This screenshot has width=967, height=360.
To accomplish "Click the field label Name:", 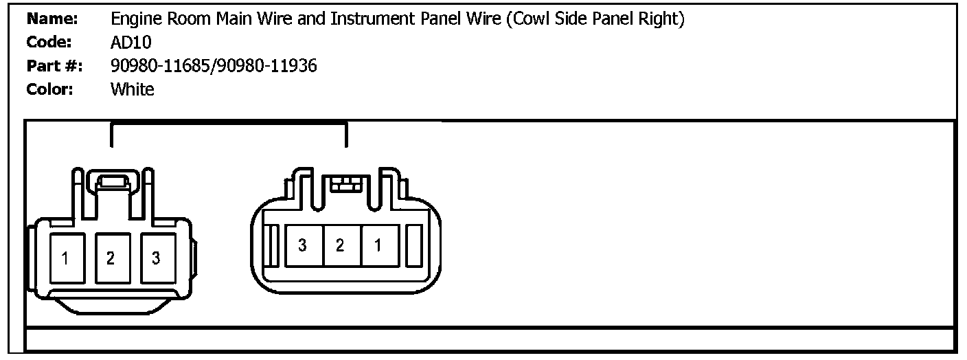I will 52,19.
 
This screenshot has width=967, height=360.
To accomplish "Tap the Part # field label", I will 54,66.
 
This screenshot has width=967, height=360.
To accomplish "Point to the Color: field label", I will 50,89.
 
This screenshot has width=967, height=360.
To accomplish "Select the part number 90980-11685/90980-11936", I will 214,66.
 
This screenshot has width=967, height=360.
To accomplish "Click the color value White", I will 132,89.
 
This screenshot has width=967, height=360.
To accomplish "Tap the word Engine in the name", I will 133,19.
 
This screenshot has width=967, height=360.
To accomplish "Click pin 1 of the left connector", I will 65,258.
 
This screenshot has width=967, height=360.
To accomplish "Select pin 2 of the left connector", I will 110,258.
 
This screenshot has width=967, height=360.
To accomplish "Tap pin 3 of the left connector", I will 156,258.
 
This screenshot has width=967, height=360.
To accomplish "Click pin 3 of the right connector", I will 302,245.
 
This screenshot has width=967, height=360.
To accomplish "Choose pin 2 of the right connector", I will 340,245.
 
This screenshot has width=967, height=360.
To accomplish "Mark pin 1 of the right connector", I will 378,245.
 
